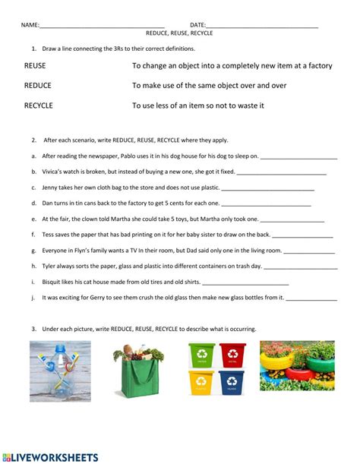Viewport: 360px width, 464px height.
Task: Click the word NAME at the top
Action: tap(30, 25)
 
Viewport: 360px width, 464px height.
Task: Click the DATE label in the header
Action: tap(197, 25)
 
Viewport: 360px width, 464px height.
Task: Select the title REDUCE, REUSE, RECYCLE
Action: tap(179, 34)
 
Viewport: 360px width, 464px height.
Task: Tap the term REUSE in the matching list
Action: tap(36, 66)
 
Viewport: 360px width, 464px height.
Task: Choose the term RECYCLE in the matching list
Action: tap(39, 106)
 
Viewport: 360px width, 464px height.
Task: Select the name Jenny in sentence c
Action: tap(51, 188)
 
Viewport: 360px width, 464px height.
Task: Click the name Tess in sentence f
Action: tap(49, 235)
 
